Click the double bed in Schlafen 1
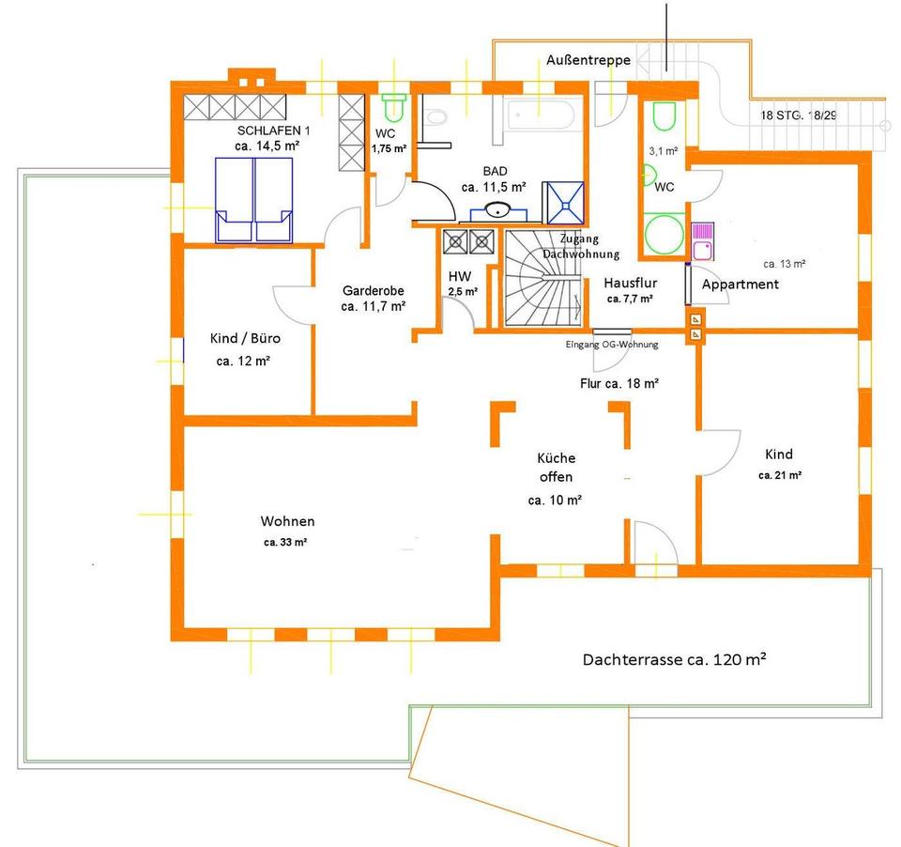click(253, 199)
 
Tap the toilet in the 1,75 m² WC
click(393, 108)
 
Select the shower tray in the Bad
click(565, 203)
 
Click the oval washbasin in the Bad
click(498, 210)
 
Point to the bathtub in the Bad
click(539, 115)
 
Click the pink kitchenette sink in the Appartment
click(702, 242)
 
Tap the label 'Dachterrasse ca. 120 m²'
click(674, 659)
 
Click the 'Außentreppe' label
click(588, 60)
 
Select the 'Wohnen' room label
click(287, 521)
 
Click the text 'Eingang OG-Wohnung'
click(612, 345)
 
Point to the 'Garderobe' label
click(373, 290)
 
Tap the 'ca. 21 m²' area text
click(780, 475)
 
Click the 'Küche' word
click(557, 457)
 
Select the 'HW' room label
click(460, 277)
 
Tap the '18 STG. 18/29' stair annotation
click(799, 115)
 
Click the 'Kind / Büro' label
click(245, 338)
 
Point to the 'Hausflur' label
click(631, 283)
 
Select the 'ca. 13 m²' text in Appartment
click(785, 264)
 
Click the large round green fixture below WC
click(664, 234)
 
